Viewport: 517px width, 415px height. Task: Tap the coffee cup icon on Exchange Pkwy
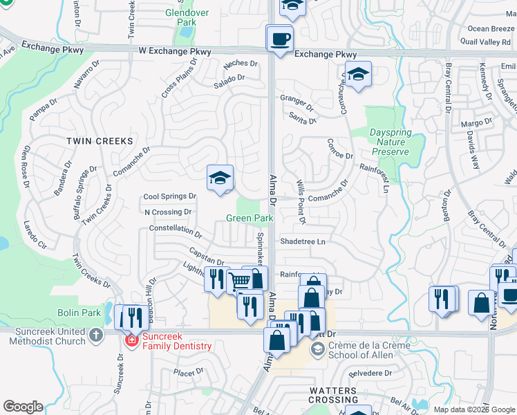click(x=279, y=39)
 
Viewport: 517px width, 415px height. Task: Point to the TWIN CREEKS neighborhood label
click(x=99, y=140)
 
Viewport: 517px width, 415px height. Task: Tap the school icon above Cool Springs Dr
click(x=220, y=179)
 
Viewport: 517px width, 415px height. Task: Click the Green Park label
click(x=250, y=218)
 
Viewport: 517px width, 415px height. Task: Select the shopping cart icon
click(x=239, y=281)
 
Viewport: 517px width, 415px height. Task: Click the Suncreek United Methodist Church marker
click(x=95, y=334)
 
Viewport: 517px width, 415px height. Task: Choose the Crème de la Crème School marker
click(x=317, y=349)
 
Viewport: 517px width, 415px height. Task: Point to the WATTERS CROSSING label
click(x=332, y=395)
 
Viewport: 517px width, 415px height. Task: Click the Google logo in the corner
click(x=23, y=407)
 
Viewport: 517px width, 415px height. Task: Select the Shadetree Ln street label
click(x=302, y=241)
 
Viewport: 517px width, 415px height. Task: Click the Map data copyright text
click(x=474, y=409)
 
